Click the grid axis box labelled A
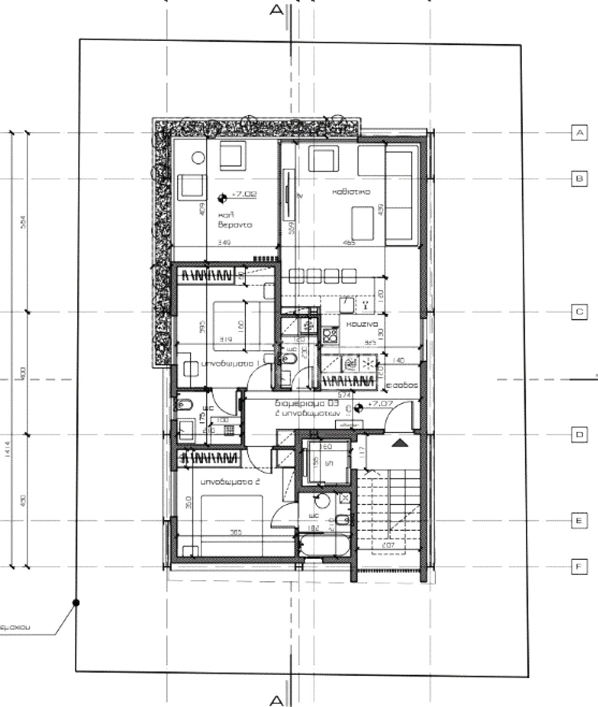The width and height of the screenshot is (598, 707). [579, 133]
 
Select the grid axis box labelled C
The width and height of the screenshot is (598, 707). [579, 311]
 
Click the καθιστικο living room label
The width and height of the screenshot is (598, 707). [351, 192]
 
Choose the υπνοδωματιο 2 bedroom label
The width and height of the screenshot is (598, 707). [229, 482]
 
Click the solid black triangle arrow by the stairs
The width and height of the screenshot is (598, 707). [398, 443]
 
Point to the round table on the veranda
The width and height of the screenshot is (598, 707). [199, 158]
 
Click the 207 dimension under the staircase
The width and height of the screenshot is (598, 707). [388, 545]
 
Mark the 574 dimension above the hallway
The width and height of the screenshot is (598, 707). [344, 395]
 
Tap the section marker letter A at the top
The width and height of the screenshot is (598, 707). [277, 10]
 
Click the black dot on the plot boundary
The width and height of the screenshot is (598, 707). [77, 603]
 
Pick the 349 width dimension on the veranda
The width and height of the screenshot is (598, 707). [224, 243]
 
